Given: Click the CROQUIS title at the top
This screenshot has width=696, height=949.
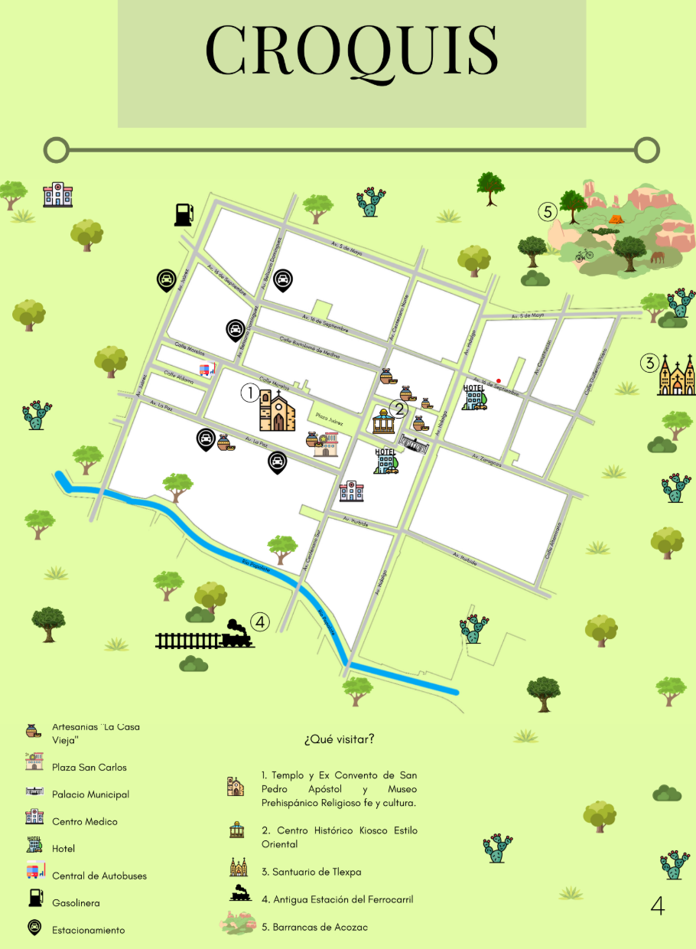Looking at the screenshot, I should (x=352, y=51).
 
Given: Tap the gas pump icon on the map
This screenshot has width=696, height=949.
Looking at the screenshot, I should (x=183, y=214).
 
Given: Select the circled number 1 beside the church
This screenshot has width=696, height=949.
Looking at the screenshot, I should (x=249, y=393).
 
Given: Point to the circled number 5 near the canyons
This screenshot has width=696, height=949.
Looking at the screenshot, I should (x=545, y=210).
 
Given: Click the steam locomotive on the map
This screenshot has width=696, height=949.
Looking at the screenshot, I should (x=236, y=634).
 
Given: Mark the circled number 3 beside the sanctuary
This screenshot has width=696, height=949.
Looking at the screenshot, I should (x=649, y=363).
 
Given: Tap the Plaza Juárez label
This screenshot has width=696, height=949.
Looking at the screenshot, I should (x=330, y=422).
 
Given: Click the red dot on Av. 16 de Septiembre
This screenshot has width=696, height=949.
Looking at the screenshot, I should (x=499, y=380).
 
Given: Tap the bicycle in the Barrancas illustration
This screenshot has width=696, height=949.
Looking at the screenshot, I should (x=585, y=254).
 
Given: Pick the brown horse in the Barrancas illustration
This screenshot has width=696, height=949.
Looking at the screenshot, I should (x=658, y=258).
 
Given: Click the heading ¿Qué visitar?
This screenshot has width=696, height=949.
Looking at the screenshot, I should (x=339, y=739).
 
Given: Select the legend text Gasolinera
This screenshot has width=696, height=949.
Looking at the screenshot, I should (x=76, y=903).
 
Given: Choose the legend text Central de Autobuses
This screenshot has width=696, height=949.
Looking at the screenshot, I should (x=99, y=876).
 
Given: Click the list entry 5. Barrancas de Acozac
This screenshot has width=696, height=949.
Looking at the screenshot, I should (x=314, y=927).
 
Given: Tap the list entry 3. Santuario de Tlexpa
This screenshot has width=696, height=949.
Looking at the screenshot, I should (x=311, y=872).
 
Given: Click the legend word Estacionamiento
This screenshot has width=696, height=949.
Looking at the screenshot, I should (x=88, y=930).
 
